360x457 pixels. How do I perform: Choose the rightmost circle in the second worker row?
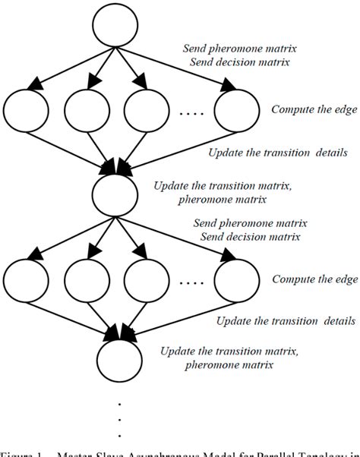pyautogui.click(x=235, y=281)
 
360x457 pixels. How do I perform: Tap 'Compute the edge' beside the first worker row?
pyautogui.click(x=314, y=109)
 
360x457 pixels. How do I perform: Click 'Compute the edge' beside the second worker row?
pyautogui.click(x=314, y=279)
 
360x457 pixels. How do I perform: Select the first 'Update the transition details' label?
pyautogui.click(x=277, y=153)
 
